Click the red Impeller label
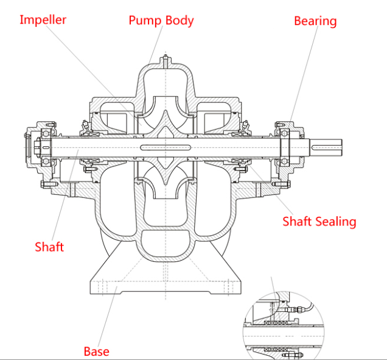pos(43,20)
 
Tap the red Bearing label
pos(315,21)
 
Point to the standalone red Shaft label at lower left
pos(49,247)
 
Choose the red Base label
pos(97,351)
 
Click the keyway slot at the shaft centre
pos(166,148)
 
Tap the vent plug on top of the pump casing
pos(166,60)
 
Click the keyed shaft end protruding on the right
pos(326,147)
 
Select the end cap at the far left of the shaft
pos(30,147)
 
